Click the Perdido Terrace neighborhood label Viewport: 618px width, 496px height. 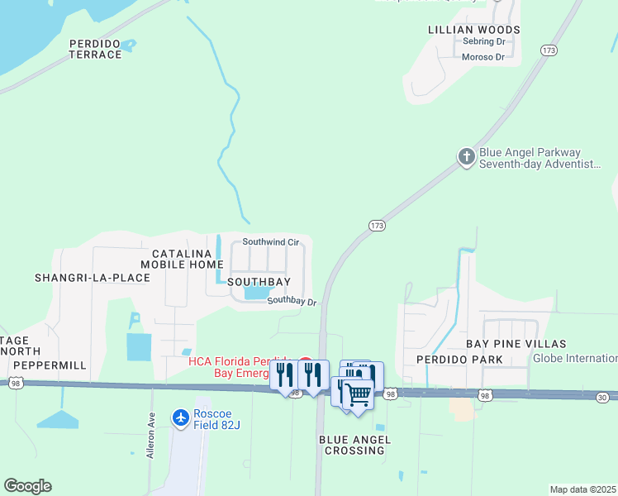click(95, 49)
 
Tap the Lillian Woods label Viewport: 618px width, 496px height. click(474, 30)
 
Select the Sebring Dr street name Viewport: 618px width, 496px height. click(483, 41)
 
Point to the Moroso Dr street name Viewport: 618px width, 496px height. click(483, 57)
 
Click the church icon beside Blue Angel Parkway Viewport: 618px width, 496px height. click(466, 156)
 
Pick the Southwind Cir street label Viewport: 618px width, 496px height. click(270, 242)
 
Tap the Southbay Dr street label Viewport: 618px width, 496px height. click(292, 302)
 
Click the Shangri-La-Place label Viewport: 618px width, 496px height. click(93, 278)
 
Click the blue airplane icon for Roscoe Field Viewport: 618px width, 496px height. click(182, 417)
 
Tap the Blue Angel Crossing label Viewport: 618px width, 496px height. click(354, 445)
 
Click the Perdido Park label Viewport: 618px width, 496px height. click(459, 360)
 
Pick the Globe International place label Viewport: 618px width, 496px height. click(575, 358)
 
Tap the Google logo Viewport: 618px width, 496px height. click(27, 486)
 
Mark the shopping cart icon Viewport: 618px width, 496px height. click(358, 393)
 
